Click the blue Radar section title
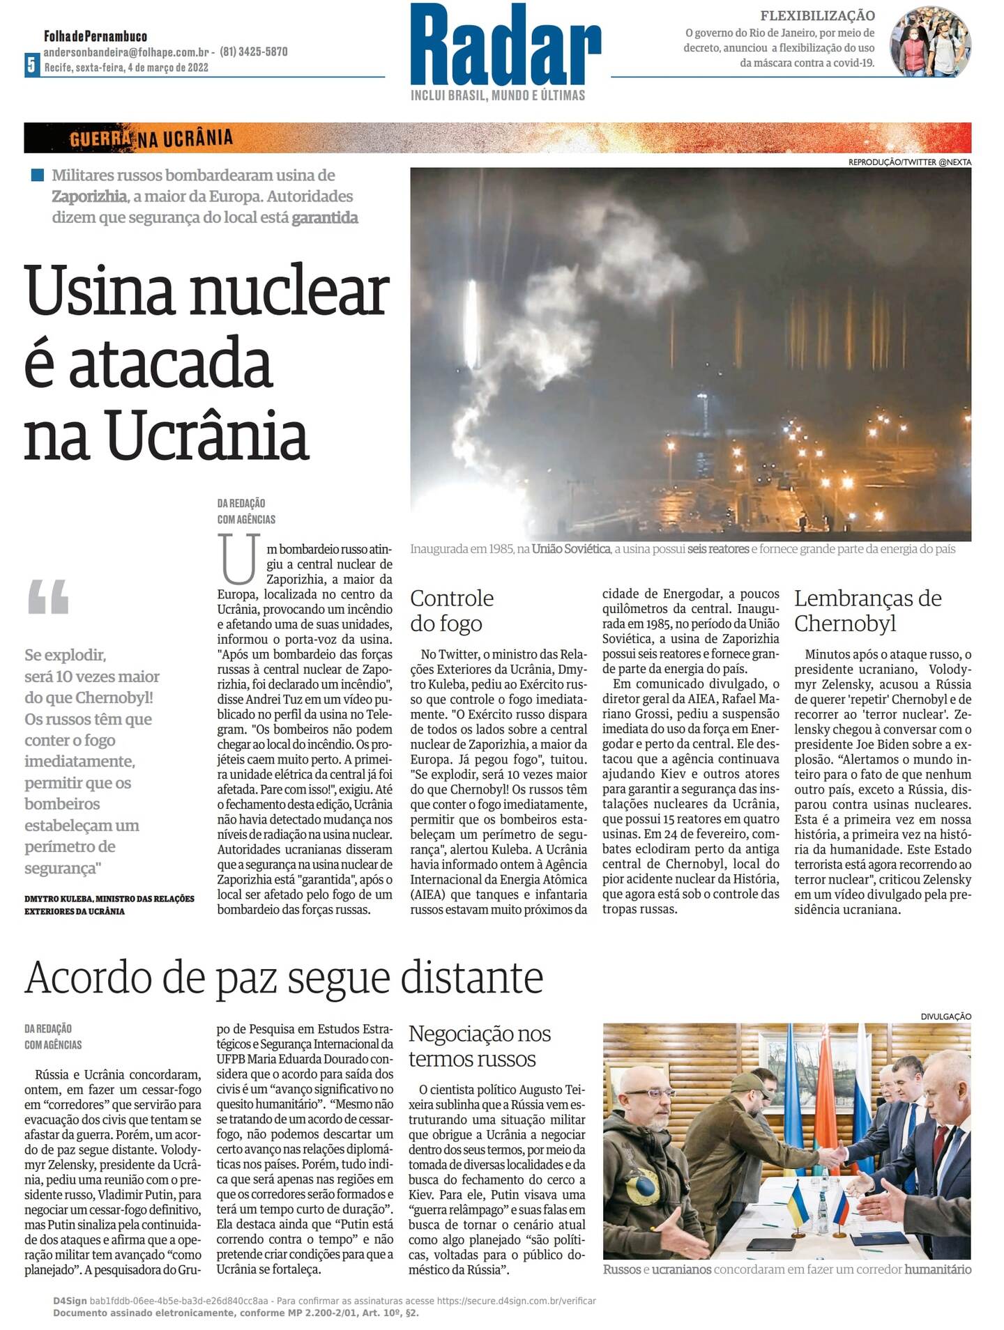(505, 45)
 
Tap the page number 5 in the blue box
(31, 65)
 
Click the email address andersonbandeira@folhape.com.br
(126, 52)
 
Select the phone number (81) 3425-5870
(254, 52)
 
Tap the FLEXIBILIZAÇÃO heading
(817, 15)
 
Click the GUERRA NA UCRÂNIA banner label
(151, 138)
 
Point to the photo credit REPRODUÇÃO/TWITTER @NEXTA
(909, 162)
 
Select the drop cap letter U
(239, 559)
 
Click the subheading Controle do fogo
(451, 610)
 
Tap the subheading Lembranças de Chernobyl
(867, 610)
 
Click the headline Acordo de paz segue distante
(284, 977)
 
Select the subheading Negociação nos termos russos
(479, 1046)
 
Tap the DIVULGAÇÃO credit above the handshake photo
(945, 1016)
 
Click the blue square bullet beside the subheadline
(38, 175)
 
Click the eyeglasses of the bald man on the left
(649, 1093)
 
